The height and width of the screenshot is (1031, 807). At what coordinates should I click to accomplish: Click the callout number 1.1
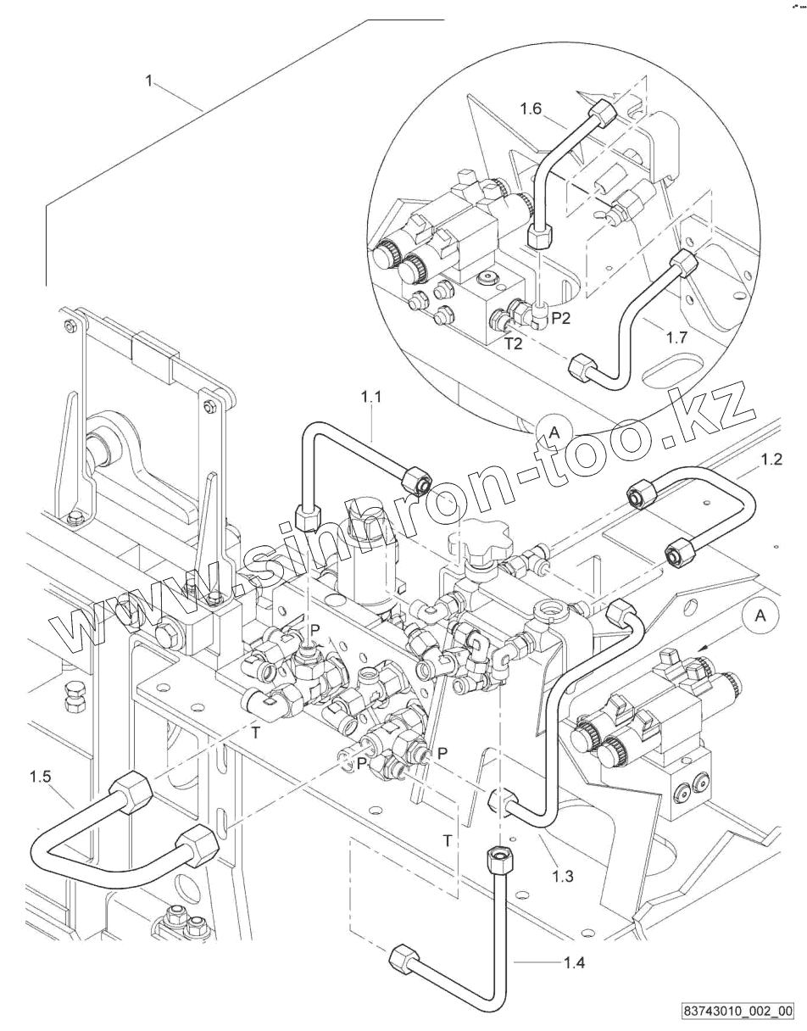pyautogui.click(x=371, y=396)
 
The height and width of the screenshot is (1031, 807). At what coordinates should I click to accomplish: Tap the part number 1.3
pyautogui.click(x=562, y=876)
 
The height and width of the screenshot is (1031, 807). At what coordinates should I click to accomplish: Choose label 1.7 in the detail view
pyautogui.click(x=676, y=337)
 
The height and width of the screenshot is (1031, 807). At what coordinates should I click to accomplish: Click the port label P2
pyautogui.click(x=561, y=318)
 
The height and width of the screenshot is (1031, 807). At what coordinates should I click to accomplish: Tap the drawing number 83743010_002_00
pyautogui.click(x=737, y=1011)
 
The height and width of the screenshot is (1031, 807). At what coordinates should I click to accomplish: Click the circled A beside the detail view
pyautogui.click(x=554, y=432)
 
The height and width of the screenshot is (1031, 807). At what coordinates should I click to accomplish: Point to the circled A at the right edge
pyautogui.click(x=760, y=616)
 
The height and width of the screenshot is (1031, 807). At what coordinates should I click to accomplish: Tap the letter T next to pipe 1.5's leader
pyautogui.click(x=255, y=733)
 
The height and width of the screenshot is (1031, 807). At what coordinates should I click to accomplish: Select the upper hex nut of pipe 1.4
pyautogui.click(x=498, y=858)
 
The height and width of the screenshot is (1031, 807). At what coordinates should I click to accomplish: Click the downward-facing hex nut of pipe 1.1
pyautogui.click(x=307, y=515)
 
